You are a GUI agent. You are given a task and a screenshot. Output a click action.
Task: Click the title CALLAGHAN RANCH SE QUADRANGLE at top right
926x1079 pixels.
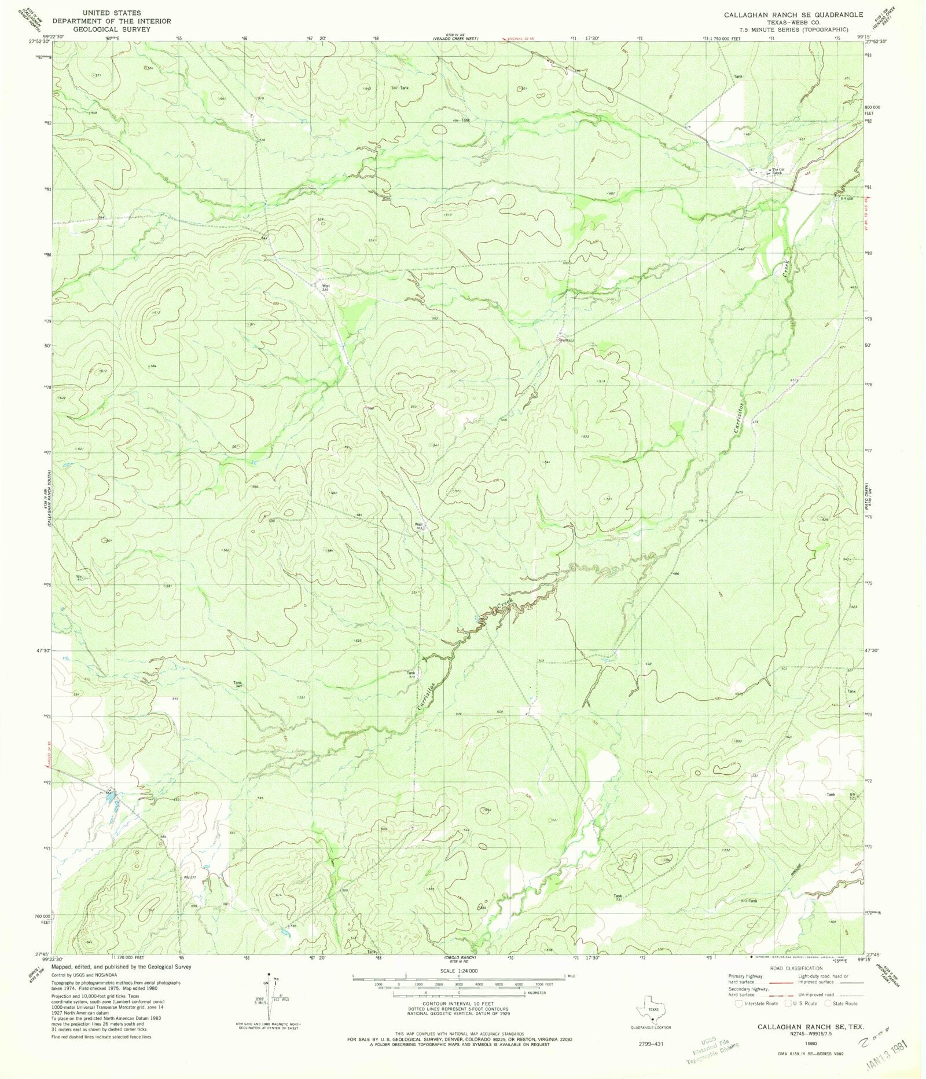pos(792,14)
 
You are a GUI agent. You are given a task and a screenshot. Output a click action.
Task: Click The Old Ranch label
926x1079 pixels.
pos(774,171)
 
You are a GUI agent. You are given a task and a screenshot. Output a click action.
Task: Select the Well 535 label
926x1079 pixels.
pos(326,287)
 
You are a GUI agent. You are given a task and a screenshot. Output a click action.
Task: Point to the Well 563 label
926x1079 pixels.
pos(419,526)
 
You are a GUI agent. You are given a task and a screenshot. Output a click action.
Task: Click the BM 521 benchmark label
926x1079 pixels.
pos(852,796)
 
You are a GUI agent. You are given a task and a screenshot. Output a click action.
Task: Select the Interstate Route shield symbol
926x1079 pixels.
pos(739,1003)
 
